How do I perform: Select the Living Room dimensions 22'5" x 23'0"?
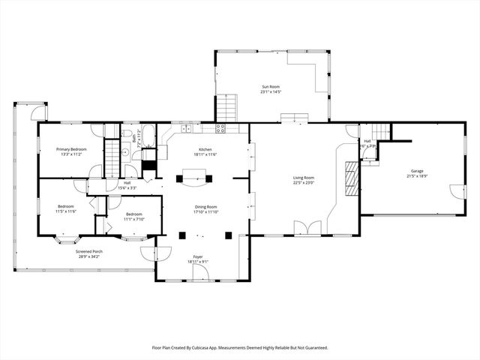point(303,182)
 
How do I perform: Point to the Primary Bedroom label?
point(72,149)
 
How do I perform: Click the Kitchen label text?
point(205,149)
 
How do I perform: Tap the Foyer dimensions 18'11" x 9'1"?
point(198,261)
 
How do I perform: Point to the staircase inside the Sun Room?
point(228,106)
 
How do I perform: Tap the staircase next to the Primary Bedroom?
point(112,158)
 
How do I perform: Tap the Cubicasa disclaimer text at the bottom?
point(240,347)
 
